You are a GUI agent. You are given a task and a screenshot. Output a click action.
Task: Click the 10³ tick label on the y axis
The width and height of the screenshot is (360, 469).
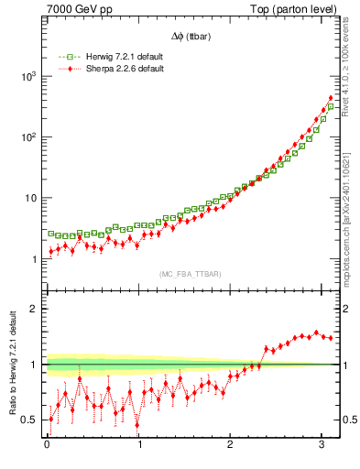[27, 77]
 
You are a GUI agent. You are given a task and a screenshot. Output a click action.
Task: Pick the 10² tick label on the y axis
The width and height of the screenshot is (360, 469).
[27, 137]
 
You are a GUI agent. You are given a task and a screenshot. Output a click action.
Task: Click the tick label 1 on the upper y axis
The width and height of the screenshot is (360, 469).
[35, 259]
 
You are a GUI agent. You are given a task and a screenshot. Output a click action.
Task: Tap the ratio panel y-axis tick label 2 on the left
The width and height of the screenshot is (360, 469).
[35, 309]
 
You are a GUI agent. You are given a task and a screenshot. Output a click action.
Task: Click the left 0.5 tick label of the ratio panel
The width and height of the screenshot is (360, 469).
[30, 420]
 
